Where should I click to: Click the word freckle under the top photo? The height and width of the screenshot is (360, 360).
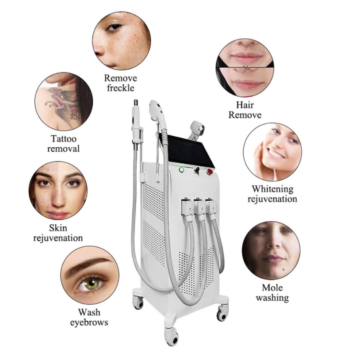coord(120,88)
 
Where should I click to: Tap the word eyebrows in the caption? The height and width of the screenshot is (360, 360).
coord(89,322)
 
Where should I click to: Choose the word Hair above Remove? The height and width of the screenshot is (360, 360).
coord(244,106)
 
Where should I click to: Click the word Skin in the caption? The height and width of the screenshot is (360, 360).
coord(58,229)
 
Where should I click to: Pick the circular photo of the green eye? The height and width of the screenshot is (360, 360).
coord(90,275)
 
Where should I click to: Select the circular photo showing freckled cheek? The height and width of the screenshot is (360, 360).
coord(121,41)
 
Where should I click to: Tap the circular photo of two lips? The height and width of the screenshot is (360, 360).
coord(245,67)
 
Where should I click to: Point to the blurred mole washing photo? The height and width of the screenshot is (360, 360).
coord(271,250)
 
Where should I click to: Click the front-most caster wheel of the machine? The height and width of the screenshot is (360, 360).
coord(171,337)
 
